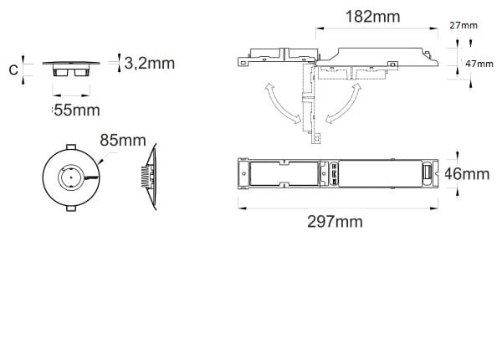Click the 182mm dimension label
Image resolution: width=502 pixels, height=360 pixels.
(372, 17)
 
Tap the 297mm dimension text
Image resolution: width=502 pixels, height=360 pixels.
(335, 222)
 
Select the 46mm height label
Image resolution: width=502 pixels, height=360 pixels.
(467, 174)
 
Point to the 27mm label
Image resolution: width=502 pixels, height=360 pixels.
(464, 25)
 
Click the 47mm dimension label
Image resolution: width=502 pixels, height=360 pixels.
(479, 64)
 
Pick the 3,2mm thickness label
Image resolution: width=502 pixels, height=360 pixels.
(150, 63)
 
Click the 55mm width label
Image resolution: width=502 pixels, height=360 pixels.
(76, 111)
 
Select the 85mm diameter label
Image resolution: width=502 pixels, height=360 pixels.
(123, 141)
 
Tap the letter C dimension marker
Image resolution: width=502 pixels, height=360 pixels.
(13, 69)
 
